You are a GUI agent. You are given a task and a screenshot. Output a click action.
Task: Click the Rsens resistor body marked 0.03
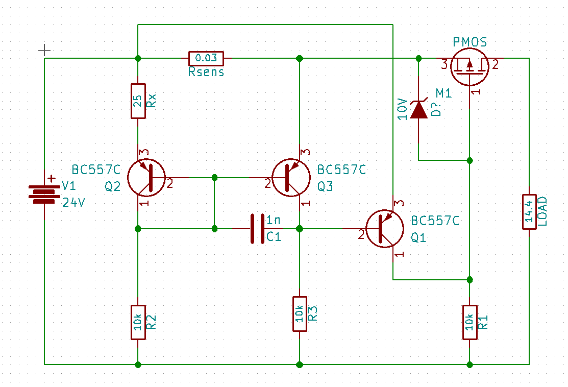pos(206,58)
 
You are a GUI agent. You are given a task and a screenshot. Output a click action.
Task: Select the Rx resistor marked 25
pos(138,101)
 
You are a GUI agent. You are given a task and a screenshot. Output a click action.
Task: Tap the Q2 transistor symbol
pos(146,178)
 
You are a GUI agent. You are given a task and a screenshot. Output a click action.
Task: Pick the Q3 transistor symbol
pos(291,178)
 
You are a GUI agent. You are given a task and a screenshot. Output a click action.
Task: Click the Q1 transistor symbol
pos(385,229)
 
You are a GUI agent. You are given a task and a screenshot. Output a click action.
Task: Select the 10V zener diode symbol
pos(418,109)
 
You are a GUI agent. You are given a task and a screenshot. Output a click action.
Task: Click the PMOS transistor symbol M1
pos(470,67)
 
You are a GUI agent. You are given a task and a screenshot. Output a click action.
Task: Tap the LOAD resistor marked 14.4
pos(529,211)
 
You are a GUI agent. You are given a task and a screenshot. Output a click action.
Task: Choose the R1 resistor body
pos(470,322)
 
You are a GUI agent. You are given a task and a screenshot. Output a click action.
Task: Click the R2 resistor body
pos(138,322)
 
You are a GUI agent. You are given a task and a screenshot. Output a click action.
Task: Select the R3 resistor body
pos(300,314)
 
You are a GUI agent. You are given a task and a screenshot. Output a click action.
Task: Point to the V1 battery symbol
pos(44,194)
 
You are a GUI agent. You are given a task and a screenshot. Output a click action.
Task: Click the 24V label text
pos(73,203)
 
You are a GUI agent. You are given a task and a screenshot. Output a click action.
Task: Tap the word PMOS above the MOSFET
pos(470,42)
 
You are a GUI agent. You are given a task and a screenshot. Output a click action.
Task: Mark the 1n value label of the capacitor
pos(274,220)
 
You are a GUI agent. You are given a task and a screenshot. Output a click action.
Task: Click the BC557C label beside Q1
pos(435,221)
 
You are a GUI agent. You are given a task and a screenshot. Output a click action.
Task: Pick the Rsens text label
pos(206,72)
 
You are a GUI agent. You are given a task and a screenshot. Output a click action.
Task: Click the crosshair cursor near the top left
pos(44,50)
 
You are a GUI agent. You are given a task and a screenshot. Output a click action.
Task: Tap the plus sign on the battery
pos(52,178)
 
